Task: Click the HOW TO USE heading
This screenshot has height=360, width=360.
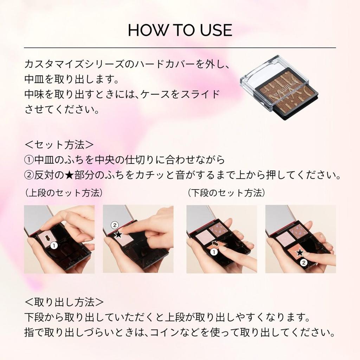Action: (180, 30)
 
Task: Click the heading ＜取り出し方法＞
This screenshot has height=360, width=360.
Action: (64, 302)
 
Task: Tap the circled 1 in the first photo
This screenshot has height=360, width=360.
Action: (53, 246)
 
